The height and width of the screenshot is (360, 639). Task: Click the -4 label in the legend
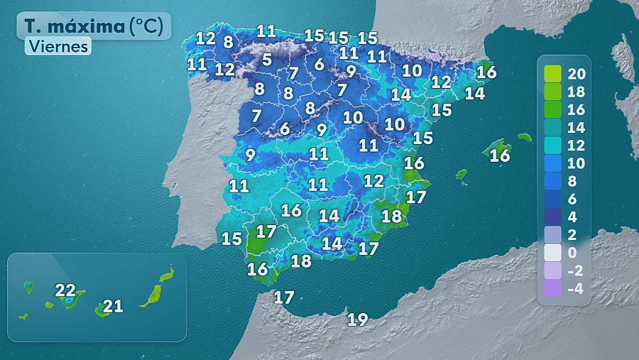pos(576,289)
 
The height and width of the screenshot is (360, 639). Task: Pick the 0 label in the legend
pos(574,253)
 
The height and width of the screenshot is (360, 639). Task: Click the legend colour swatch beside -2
pos(552,271)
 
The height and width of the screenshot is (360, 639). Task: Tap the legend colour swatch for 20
pos(552,73)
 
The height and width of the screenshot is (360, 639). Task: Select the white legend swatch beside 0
pos(552,253)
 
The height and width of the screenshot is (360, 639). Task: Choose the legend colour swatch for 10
pos(552,163)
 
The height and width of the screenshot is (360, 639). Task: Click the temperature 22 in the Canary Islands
pos(65,290)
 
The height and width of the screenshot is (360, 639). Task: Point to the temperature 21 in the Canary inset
pos(113,307)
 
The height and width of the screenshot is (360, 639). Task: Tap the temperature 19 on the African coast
pos(358,320)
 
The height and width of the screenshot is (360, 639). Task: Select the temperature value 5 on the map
pos(266,60)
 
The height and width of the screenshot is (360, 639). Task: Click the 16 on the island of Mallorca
pos(501,155)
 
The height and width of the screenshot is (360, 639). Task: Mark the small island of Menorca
pos(524,137)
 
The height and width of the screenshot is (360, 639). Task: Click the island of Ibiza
pos(461,173)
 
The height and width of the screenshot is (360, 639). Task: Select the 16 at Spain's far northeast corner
pos(486,72)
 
